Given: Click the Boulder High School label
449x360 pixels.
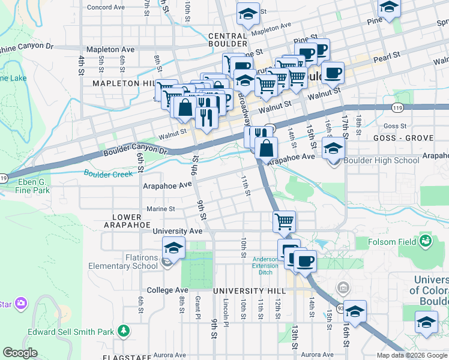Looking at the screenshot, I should coord(382,160).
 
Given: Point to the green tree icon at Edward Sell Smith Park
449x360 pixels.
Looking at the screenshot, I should coord(124,331).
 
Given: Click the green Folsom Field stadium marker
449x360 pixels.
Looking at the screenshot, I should coord(426,241).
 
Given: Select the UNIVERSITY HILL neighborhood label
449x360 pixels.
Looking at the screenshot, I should coord(250,290).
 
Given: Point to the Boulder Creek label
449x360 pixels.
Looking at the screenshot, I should coord(108,175).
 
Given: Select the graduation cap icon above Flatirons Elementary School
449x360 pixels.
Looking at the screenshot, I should coord(174,247).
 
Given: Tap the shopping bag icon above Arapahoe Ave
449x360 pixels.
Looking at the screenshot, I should coord(266,147).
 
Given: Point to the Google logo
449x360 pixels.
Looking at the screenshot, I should coord(20,353).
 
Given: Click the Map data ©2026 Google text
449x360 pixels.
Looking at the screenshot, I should coord(411,355).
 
